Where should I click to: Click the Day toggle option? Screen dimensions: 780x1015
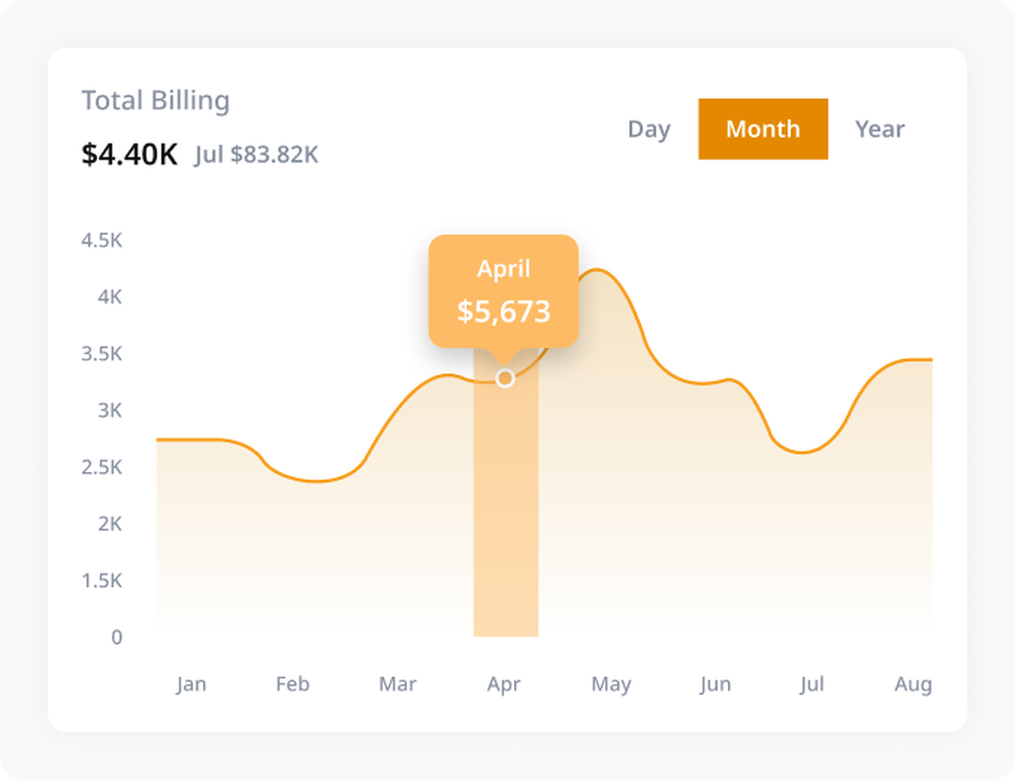648,129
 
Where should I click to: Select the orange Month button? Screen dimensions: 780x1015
763,129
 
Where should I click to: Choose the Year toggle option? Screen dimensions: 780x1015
880,129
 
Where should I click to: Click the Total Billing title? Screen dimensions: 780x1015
155,101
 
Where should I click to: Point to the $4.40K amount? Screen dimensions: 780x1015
129,155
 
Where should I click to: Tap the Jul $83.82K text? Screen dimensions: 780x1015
256,155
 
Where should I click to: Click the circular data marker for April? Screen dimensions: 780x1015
505,378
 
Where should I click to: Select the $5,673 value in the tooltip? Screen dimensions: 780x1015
504,312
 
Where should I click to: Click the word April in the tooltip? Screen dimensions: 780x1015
504,269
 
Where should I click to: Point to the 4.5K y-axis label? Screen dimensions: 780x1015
101,240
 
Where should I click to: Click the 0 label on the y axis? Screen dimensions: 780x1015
116,637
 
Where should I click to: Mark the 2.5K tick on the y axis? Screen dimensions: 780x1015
101,467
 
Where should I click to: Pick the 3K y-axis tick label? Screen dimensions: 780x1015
109,411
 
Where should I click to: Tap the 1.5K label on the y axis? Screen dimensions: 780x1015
101,581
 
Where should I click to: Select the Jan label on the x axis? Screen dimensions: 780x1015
191,684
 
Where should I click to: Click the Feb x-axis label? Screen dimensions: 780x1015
293,684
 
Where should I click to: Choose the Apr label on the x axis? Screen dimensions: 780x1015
504,684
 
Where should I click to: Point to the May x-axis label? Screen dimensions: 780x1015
611,684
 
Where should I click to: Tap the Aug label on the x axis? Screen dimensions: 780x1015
913,684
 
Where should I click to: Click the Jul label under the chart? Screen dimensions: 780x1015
811,684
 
